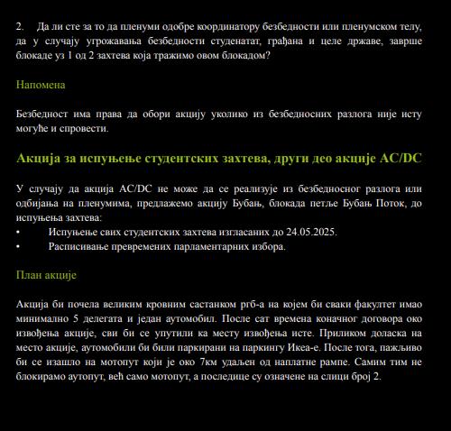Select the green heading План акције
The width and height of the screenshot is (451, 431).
(47, 275)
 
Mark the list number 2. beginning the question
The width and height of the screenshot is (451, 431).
(21, 27)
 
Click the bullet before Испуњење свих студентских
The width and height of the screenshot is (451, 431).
(19, 232)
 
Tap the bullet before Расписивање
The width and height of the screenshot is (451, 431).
(19, 246)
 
